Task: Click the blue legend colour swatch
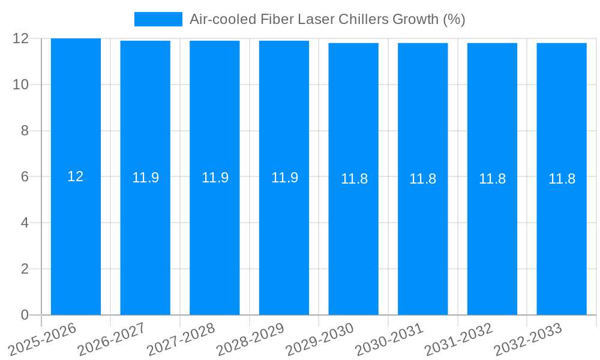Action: point(158,19)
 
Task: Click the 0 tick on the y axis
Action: point(25,315)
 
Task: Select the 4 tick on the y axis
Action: point(25,223)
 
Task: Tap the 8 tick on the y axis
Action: point(25,131)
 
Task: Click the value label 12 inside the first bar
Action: point(76,176)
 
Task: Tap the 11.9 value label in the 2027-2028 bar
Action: point(215,178)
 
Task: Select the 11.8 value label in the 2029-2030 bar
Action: point(354,179)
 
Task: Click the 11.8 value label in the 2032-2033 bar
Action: point(562,179)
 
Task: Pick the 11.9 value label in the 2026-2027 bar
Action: point(145,178)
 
